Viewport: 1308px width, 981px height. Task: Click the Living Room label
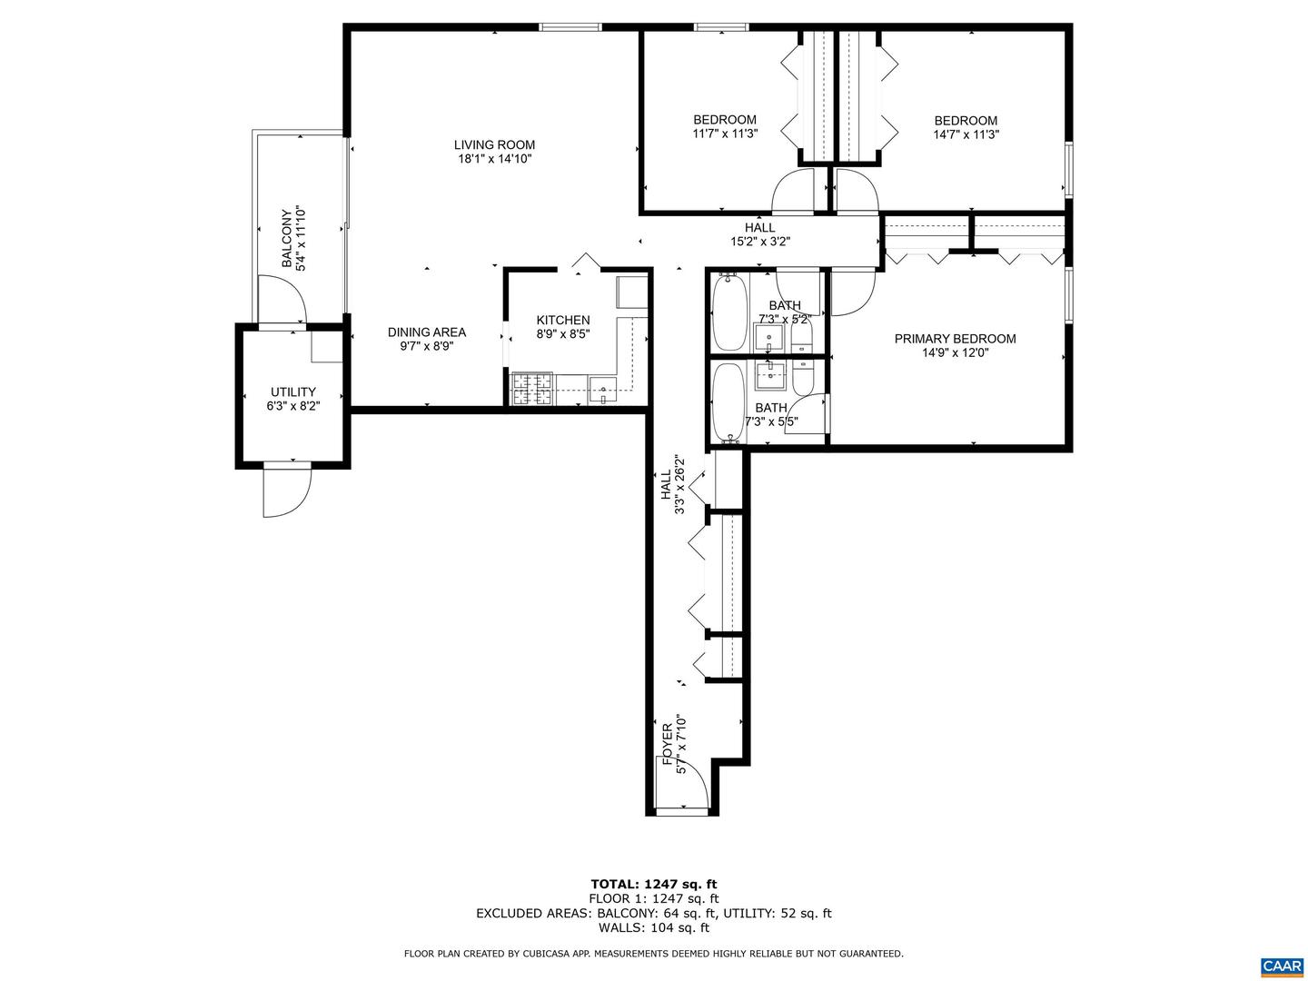coord(494,144)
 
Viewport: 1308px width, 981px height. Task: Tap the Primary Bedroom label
coord(955,339)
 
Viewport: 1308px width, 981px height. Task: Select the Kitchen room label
coord(562,320)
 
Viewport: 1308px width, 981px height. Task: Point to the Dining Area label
coord(426,332)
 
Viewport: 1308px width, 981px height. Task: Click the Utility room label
coord(292,392)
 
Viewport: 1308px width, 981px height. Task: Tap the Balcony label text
coord(287,240)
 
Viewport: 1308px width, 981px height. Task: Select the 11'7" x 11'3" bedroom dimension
coord(725,134)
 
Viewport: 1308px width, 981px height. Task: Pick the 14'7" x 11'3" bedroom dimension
coord(966,134)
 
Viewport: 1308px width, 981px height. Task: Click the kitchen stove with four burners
coord(532,389)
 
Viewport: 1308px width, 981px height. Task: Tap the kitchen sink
coord(602,391)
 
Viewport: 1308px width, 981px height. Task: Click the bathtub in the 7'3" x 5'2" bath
coord(728,312)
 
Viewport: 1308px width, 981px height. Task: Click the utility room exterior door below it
coord(287,491)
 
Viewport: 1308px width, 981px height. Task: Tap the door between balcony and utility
coord(282,301)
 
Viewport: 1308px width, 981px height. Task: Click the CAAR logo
coord(1281,965)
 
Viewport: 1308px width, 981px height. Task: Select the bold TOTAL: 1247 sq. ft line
coord(653,884)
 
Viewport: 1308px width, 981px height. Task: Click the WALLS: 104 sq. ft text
coord(653,927)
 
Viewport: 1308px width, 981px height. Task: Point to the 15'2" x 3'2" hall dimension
coord(759,242)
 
